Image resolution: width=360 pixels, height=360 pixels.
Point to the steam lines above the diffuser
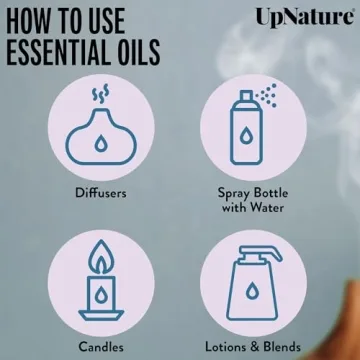tap(100, 96)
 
